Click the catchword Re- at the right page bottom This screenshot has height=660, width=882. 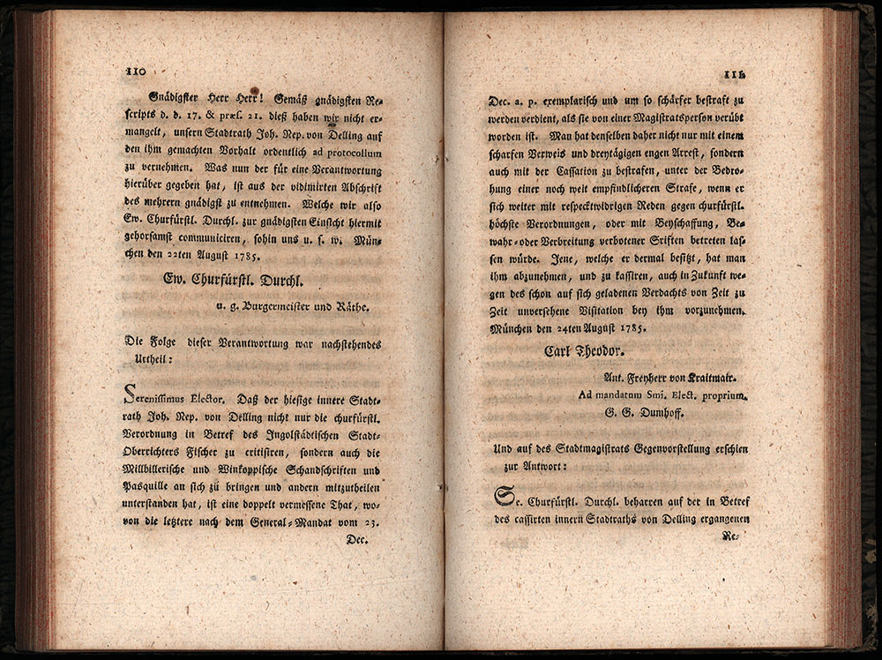pos(729,536)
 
